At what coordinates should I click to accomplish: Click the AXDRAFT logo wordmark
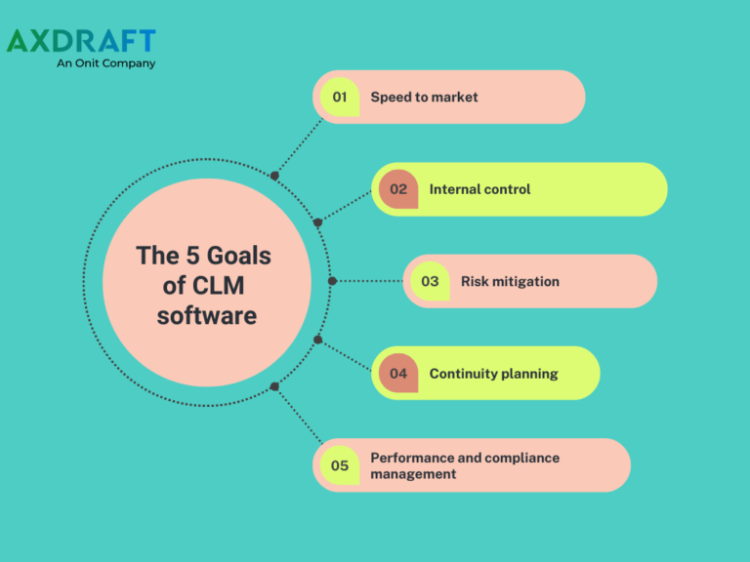[81, 41]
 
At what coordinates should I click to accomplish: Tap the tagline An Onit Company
[106, 63]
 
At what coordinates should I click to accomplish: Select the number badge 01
[340, 97]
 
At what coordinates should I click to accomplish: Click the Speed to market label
[424, 97]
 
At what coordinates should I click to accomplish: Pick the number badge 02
[398, 189]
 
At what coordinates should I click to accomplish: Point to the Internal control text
[479, 189]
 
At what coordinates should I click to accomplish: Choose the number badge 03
[430, 281]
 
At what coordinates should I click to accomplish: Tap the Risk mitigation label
[510, 281]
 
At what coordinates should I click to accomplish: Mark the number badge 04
[398, 374]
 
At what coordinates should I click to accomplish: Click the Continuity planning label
[493, 374]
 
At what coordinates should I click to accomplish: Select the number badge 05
[340, 465]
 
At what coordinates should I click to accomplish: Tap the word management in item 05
[413, 474]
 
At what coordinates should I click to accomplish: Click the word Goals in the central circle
[239, 257]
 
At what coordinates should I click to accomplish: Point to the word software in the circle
[207, 316]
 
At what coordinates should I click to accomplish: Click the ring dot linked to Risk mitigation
[332, 281]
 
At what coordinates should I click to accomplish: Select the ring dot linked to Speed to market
[274, 176]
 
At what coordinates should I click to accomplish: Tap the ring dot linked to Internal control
[317, 222]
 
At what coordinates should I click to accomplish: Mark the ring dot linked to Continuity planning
[317, 340]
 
